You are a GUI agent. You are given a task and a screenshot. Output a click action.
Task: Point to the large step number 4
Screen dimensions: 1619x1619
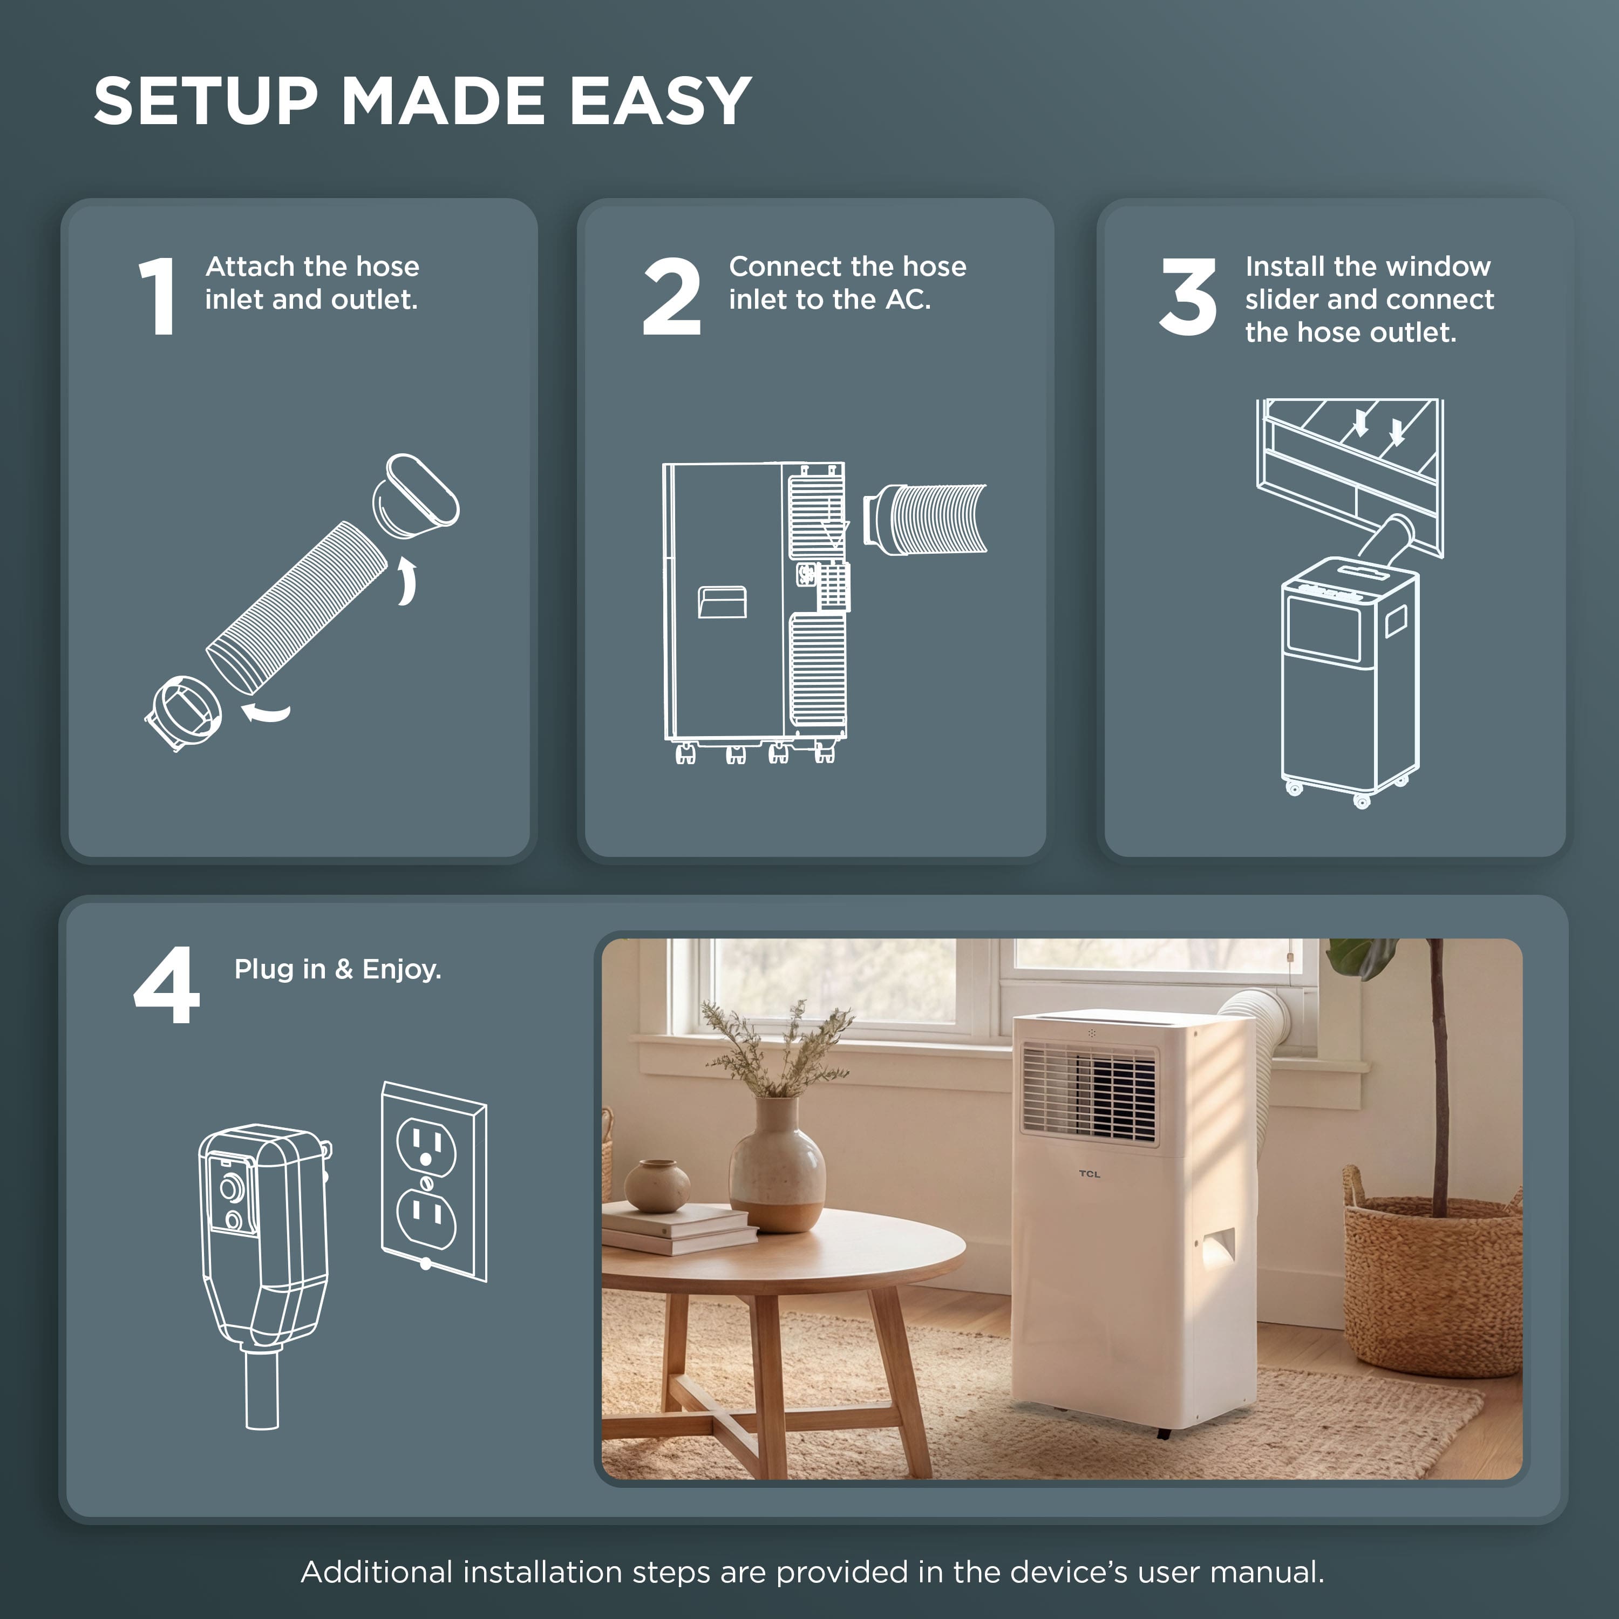167,985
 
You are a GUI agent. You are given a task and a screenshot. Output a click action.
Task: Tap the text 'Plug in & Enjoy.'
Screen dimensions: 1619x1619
338,970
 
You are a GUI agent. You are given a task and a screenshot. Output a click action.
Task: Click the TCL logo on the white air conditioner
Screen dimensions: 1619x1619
1090,1174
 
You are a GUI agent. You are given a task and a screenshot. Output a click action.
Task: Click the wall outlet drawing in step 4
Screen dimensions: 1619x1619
434,1181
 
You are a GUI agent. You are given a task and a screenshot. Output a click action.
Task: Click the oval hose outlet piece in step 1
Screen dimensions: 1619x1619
416,496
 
